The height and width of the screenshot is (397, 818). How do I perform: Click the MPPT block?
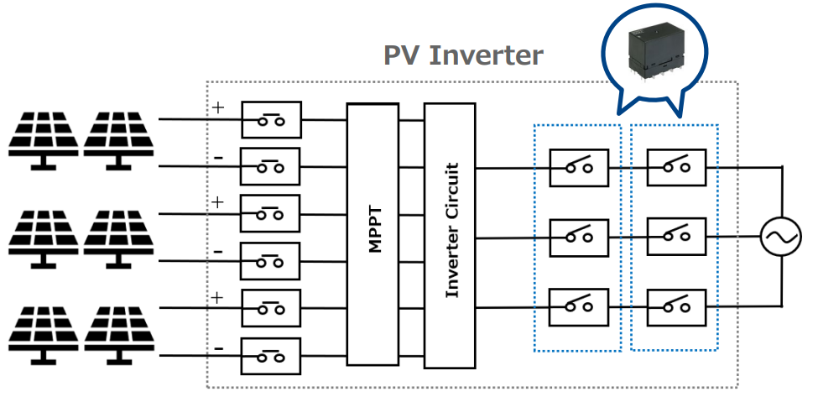point(373,234)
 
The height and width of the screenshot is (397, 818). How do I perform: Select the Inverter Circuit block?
point(450,234)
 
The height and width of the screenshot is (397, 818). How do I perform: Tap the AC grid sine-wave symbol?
point(781,237)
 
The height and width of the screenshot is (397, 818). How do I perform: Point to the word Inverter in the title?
point(486,55)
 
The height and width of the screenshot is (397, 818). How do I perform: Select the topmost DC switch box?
point(270,120)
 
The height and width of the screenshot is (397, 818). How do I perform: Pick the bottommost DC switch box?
point(270,356)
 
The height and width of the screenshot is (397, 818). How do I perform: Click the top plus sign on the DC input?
point(219,107)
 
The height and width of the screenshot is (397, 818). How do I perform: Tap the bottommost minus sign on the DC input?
point(219,347)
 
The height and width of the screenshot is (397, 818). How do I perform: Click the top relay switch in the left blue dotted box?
point(579,167)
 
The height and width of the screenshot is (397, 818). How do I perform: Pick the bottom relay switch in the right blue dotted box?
point(675,307)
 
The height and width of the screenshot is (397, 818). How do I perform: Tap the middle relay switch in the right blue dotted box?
point(675,238)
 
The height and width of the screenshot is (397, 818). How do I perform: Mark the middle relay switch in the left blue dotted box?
point(579,238)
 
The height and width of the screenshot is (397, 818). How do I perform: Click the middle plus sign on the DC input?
point(219,202)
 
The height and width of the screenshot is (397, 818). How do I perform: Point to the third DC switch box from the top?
point(270,214)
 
